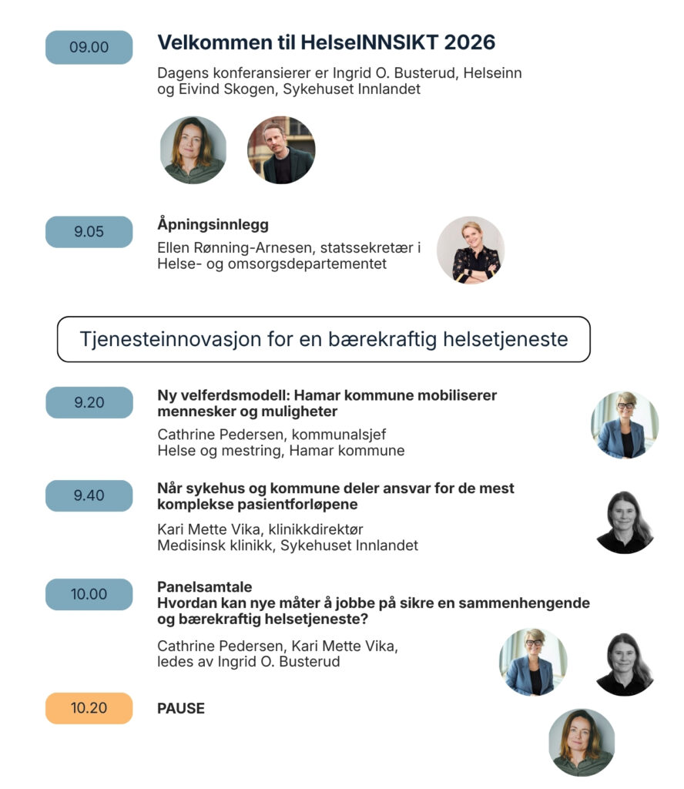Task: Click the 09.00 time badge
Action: [x=89, y=47]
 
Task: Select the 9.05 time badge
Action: [x=89, y=232]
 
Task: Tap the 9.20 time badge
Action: [x=89, y=402]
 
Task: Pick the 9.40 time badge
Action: [x=89, y=495]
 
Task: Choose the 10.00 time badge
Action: [x=89, y=594]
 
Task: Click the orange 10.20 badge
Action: [x=89, y=708]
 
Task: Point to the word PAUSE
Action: [x=181, y=708]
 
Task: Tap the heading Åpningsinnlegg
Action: [x=213, y=225]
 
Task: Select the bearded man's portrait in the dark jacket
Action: [x=281, y=150]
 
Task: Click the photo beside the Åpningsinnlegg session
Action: [x=471, y=250]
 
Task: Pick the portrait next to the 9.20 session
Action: [x=624, y=425]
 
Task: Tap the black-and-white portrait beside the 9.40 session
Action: [x=625, y=522]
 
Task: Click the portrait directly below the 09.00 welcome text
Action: [x=193, y=150]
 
